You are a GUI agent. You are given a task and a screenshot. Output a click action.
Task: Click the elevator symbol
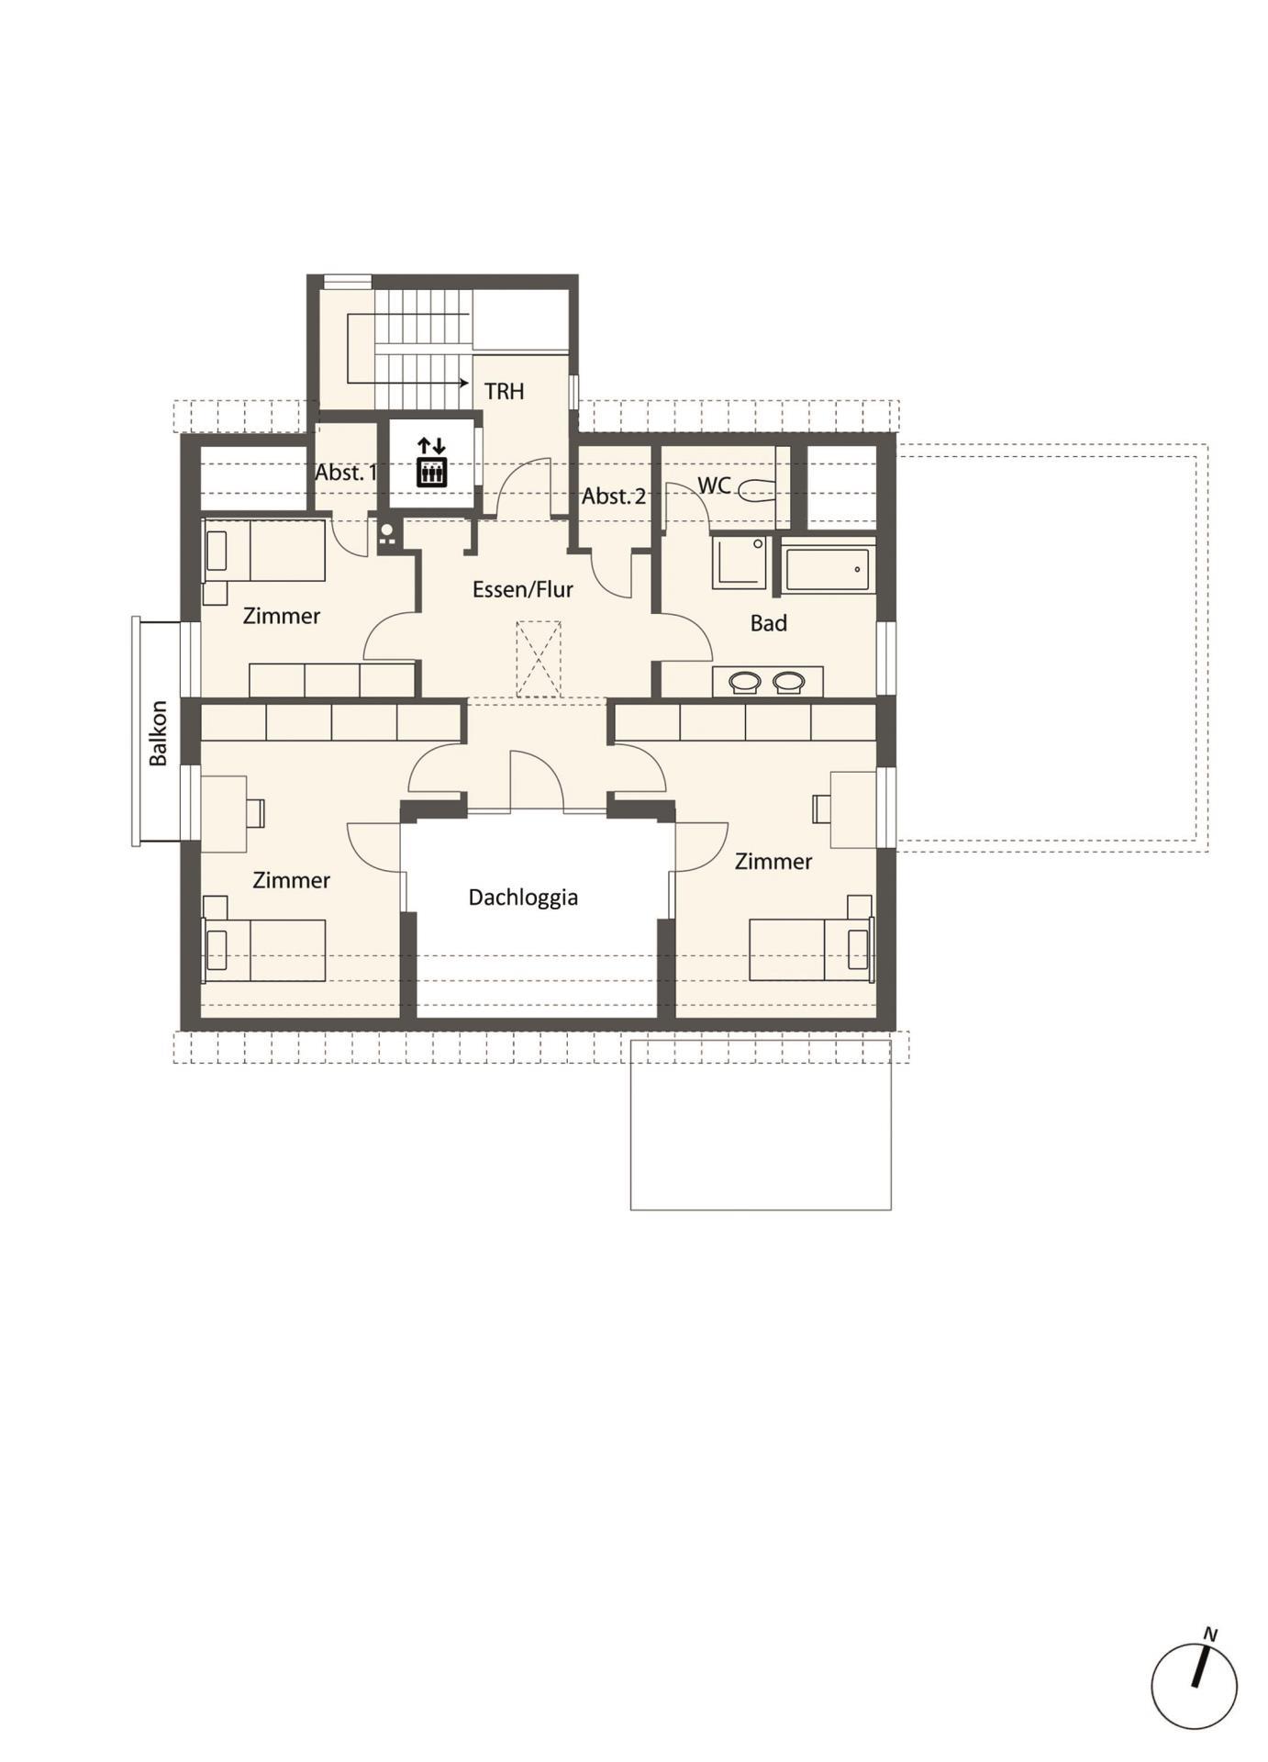tap(431, 463)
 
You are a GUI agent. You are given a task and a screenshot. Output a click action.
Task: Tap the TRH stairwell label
tap(504, 392)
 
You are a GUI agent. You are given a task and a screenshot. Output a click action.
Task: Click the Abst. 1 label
tap(346, 473)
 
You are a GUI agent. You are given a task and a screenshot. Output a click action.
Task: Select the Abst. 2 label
tap(614, 496)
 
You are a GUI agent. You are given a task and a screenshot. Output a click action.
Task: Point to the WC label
tap(715, 485)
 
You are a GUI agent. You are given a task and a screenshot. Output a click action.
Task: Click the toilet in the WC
tap(757, 491)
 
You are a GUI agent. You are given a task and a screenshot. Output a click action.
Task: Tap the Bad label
tap(769, 623)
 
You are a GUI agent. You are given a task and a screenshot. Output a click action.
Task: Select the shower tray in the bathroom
tap(740, 563)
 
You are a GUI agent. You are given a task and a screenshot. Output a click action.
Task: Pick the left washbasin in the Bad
tap(744, 681)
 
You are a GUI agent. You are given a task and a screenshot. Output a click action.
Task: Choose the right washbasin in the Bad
tap(789, 681)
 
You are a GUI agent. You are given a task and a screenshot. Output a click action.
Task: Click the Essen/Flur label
tap(523, 589)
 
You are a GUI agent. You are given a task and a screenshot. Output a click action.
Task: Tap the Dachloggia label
tap(523, 897)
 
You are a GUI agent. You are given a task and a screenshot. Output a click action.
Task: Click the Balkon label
tap(159, 732)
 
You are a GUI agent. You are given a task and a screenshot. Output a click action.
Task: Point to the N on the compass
tap(1210, 1634)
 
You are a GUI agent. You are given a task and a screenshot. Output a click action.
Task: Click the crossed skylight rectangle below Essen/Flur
tap(538, 658)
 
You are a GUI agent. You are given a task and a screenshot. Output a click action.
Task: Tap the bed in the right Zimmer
tap(810, 950)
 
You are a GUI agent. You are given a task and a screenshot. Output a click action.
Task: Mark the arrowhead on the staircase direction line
tap(463, 382)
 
